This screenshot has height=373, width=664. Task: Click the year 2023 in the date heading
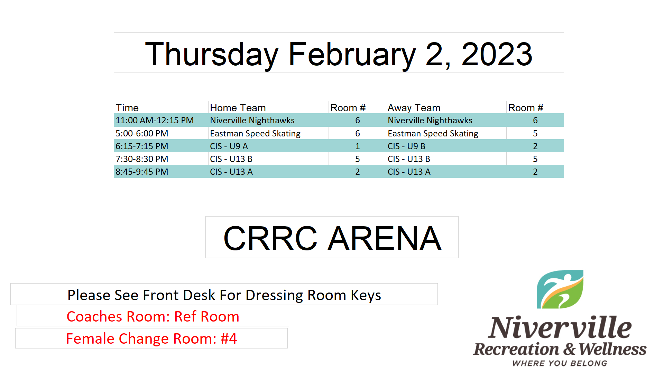(x=497, y=54)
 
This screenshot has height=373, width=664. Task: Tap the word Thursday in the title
(x=212, y=54)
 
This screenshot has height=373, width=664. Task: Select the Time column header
(x=127, y=108)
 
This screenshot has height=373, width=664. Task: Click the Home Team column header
(x=238, y=108)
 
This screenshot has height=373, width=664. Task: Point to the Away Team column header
(x=414, y=108)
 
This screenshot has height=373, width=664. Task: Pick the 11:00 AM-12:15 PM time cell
(x=155, y=120)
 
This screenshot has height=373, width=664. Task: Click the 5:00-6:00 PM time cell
(x=142, y=133)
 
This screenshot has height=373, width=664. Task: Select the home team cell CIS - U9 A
(x=229, y=146)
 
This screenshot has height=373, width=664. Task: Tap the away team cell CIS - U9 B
(x=406, y=146)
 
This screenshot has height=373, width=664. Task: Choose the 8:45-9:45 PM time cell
(x=142, y=172)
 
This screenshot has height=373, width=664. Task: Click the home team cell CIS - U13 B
(x=231, y=159)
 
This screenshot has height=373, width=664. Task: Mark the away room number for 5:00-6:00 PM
(x=535, y=133)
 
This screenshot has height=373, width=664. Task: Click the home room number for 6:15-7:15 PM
(x=358, y=146)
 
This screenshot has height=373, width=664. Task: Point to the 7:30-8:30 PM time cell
(x=142, y=159)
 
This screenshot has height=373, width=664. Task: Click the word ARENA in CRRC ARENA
(x=385, y=238)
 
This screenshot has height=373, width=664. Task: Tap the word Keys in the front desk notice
(x=366, y=296)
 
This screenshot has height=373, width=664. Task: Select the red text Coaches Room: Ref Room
(x=153, y=316)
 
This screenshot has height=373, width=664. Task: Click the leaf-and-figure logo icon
(x=560, y=289)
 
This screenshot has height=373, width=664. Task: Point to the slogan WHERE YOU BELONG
(x=560, y=363)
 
